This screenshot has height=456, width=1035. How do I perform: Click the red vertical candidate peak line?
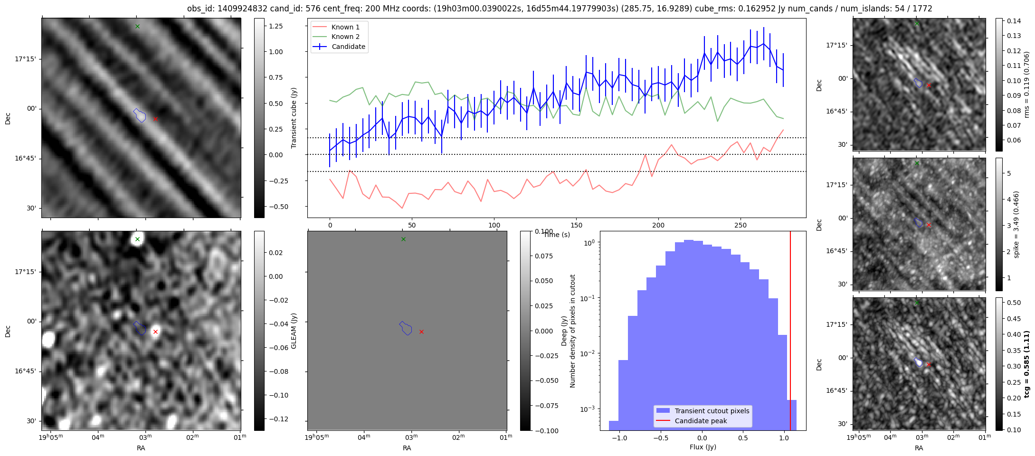pyautogui.click(x=790, y=332)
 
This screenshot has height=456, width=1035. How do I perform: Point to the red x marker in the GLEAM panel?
pyautogui.click(x=155, y=332)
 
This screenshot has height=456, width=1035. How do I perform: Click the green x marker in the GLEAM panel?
pyautogui.click(x=137, y=239)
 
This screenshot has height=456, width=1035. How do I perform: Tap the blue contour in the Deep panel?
pyautogui.click(x=406, y=328)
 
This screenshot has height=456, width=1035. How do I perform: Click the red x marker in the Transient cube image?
pyautogui.click(x=155, y=119)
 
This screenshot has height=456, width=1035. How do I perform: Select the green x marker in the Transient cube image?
pyautogui.click(x=137, y=26)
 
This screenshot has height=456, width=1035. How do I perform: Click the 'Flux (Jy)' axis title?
pyautogui.click(x=703, y=447)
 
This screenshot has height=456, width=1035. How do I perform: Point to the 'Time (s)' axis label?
pyautogui.click(x=557, y=235)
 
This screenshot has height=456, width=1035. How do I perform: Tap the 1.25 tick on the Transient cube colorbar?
pyautogui.click(x=276, y=26)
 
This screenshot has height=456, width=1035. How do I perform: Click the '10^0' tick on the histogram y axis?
pyautogui.click(x=589, y=243)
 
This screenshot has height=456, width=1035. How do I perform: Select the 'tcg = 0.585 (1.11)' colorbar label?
pyautogui.click(x=1026, y=364)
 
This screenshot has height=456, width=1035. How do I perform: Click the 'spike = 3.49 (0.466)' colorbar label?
pyautogui.click(x=1016, y=224)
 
